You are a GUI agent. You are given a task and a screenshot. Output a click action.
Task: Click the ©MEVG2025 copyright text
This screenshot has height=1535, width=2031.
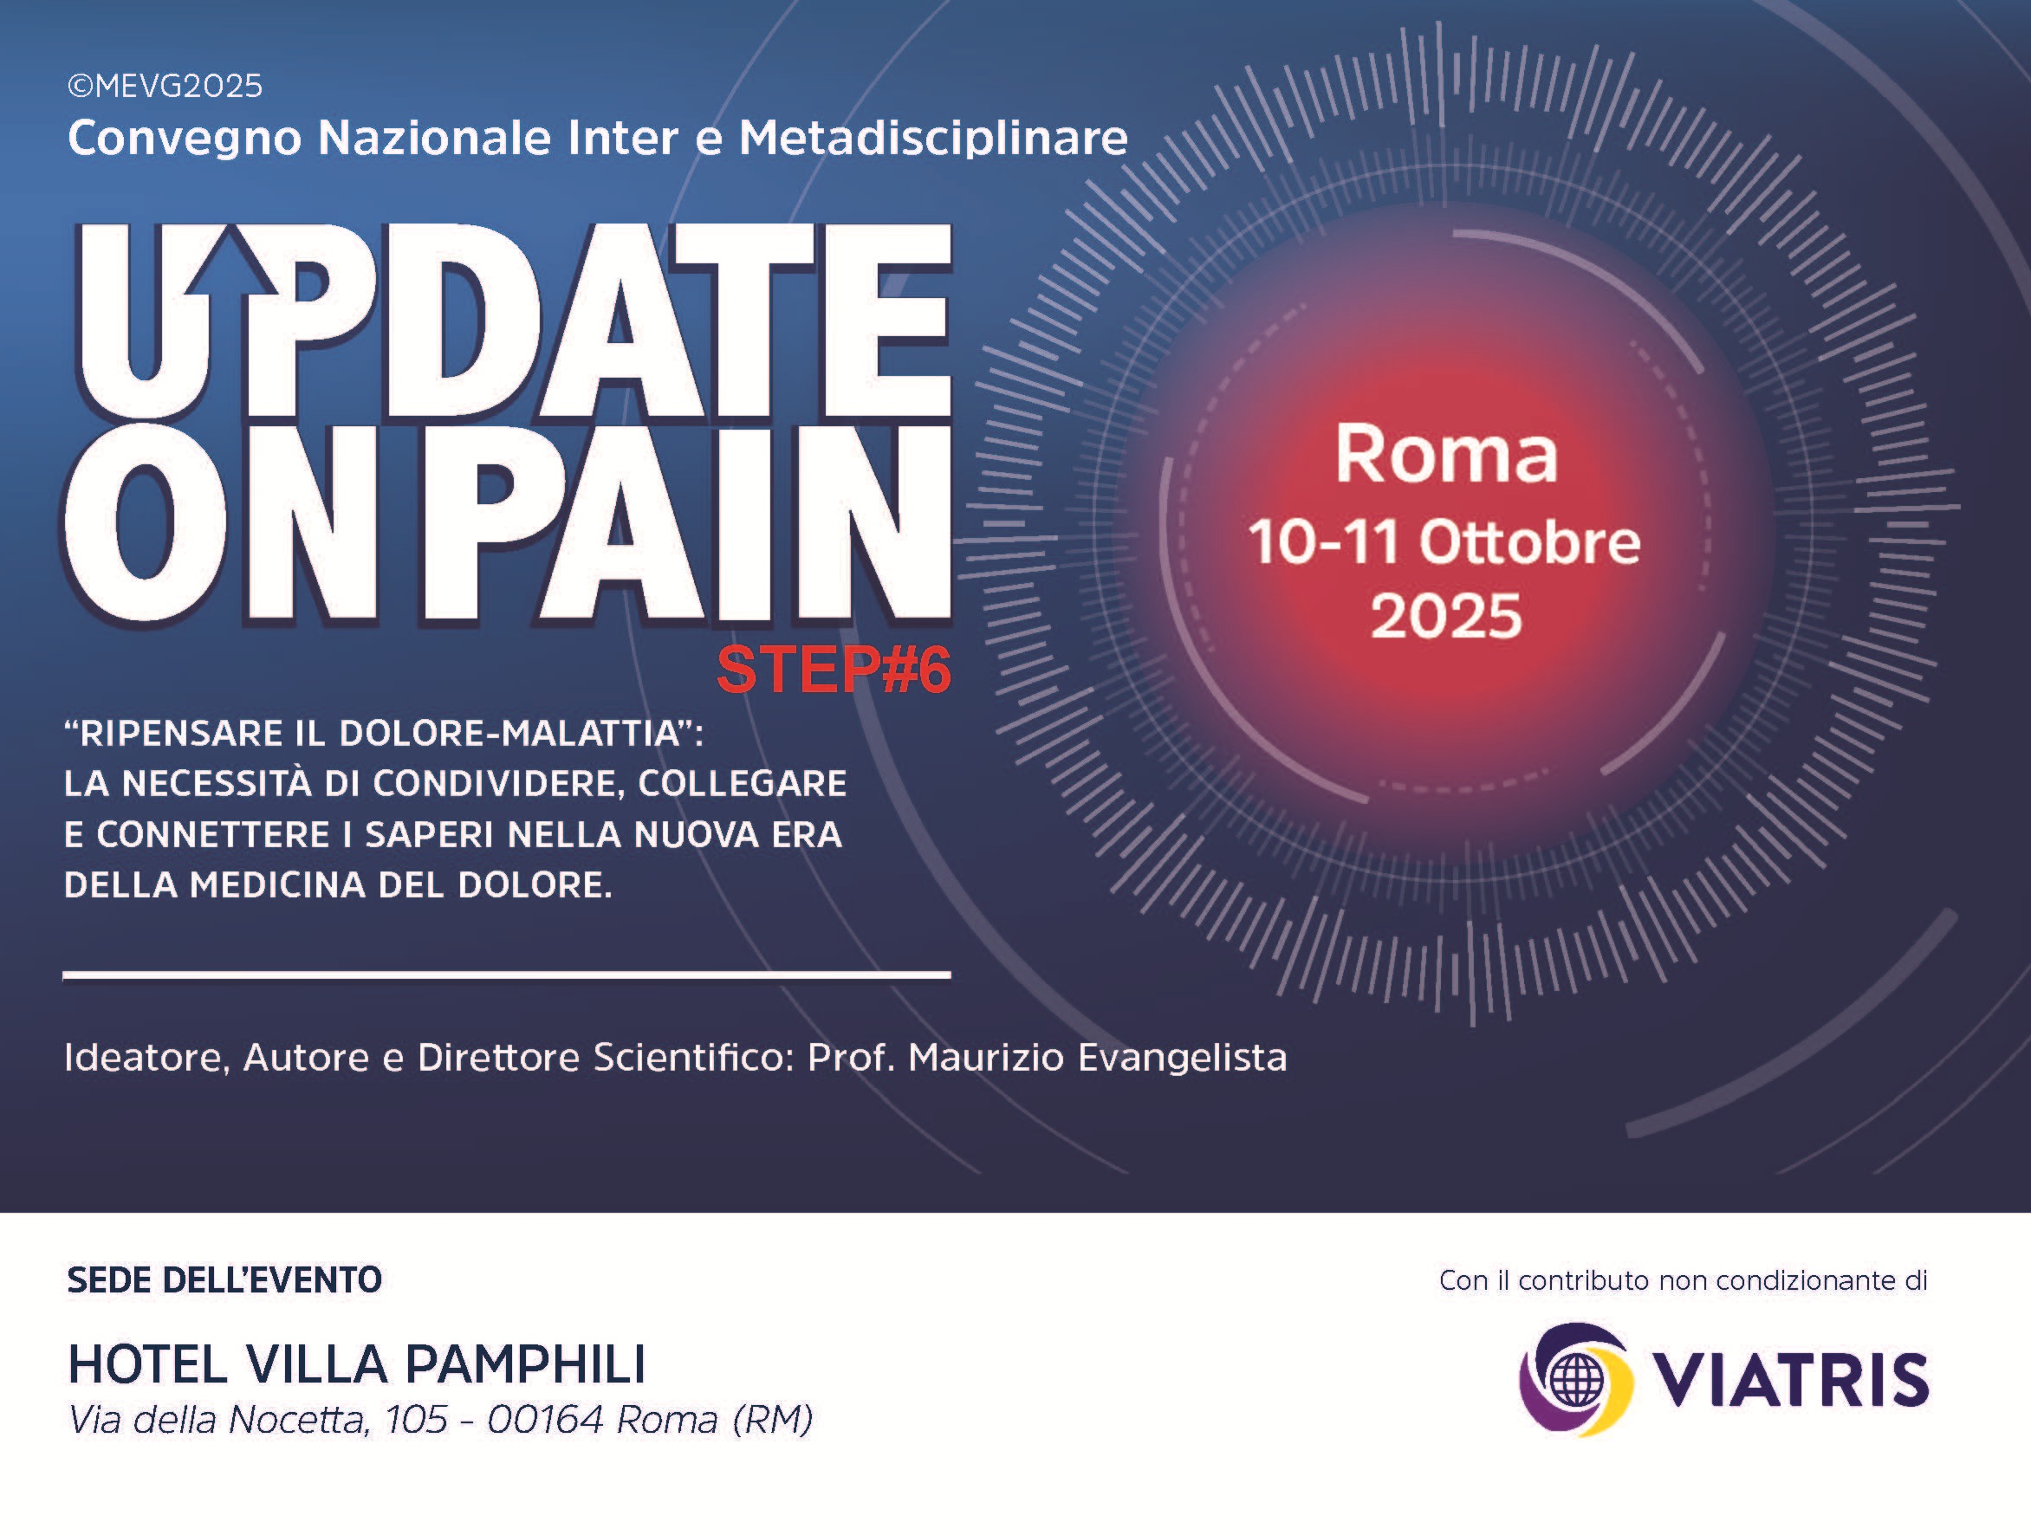165,87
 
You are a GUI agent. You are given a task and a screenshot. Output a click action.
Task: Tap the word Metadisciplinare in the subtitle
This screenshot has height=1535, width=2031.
933,138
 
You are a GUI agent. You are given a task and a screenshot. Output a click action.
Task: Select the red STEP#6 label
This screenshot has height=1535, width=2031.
833,670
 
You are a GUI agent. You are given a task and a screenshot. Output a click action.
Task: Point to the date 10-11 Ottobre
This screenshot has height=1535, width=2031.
1444,541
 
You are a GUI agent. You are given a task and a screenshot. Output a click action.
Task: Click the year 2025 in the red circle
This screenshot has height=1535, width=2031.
1446,615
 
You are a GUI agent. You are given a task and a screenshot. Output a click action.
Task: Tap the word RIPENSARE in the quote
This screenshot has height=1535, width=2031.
182,733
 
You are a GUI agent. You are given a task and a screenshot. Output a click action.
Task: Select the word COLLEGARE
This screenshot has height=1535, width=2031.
742,783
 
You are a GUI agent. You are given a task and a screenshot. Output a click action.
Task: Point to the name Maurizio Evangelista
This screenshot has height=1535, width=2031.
1097,1058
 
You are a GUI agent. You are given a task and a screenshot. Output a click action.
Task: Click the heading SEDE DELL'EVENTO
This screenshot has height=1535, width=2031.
224,1279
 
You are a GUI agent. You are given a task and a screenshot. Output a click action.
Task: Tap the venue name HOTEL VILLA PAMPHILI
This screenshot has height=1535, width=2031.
357,1363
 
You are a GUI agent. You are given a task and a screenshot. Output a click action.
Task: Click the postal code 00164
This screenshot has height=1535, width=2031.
545,1421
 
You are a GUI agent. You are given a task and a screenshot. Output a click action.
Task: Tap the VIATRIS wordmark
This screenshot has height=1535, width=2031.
1790,1379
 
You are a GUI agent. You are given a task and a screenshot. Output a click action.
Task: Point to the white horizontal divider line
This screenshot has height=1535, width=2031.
507,975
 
